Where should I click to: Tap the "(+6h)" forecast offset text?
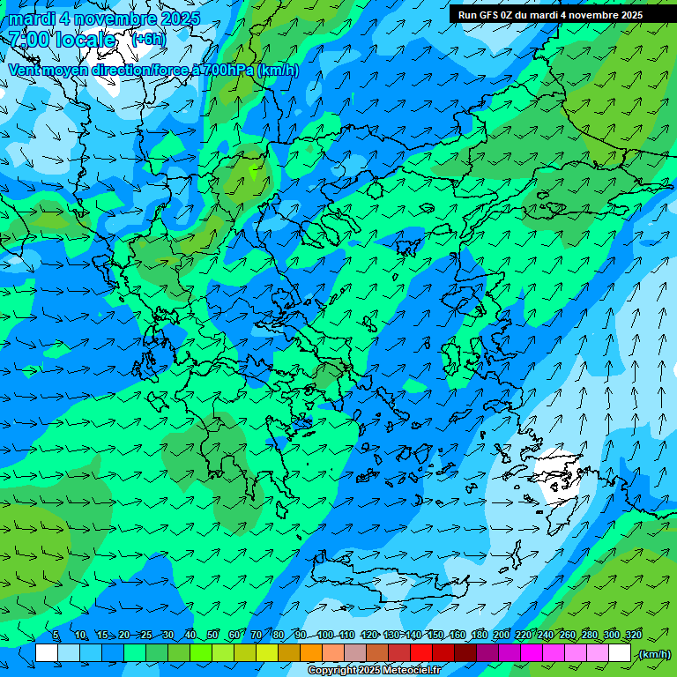point(147,39)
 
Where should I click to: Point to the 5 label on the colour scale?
point(56,635)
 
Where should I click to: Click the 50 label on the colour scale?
point(212,635)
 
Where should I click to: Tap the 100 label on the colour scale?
point(325,635)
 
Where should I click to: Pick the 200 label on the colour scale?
point(502,635)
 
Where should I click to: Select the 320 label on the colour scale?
point(634,635)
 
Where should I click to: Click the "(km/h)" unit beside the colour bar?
point(654,654)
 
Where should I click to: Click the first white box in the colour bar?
point(47,653)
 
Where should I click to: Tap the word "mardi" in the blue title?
point(33,18)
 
